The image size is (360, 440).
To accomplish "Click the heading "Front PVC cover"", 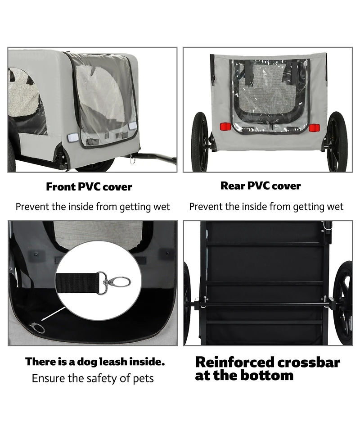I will pos(89,187).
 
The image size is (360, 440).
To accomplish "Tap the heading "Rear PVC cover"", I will pos(261,186).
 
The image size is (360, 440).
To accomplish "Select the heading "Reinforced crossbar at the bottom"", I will pos(267,368).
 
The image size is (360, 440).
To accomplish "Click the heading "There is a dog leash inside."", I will pos(95,362).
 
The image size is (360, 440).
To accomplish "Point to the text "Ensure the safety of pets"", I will pos(93,378).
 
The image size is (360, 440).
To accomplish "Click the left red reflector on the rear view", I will pos(225,127).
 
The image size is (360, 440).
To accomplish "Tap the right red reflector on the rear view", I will pos(314,127).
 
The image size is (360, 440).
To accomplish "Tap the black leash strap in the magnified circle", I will pos(76,283).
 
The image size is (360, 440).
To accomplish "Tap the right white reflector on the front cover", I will pos(132,126).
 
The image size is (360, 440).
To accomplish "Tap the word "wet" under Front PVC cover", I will pos(162,207).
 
